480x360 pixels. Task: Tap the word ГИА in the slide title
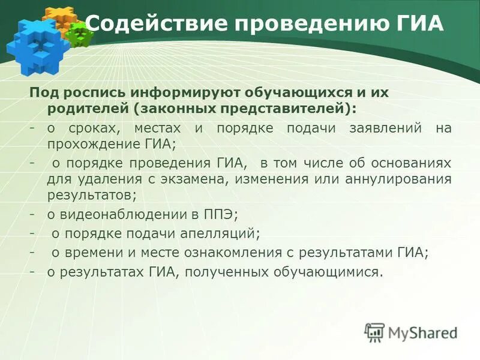coord(420,24)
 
